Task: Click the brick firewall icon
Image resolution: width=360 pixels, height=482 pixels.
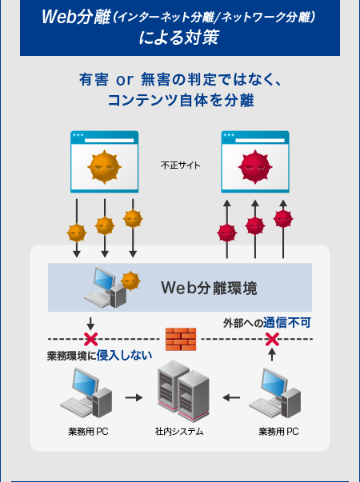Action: point(180,339)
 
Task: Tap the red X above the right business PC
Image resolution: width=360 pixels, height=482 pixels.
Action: point(272,340)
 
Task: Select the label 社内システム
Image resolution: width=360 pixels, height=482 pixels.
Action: point(179,432)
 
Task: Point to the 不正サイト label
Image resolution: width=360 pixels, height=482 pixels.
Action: point(180,166)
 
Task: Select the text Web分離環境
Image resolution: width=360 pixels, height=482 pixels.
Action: point(209,287)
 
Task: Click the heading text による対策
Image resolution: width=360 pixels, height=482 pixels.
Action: point(179,37)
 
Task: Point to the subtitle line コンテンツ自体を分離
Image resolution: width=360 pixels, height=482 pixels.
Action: point(180,100)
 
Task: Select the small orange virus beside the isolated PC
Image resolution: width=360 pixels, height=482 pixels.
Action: point(130,281)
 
